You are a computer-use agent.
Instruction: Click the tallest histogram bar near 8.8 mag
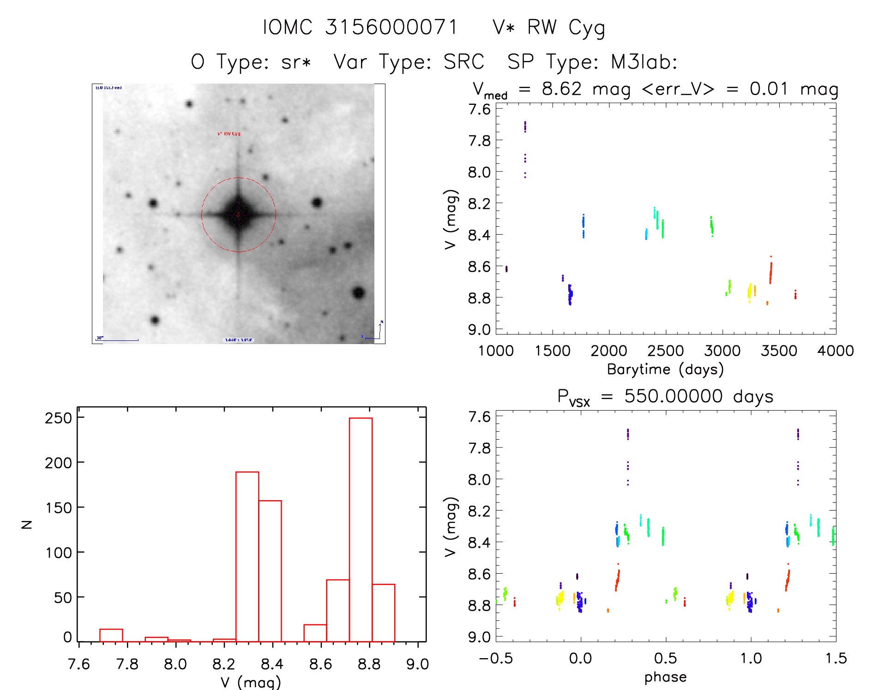tap(361, 529)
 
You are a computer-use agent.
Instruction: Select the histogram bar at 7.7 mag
tap(111, 636)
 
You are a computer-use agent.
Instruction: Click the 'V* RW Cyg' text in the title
tap(548, 28)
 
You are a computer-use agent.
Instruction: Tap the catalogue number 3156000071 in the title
tap(391, 27)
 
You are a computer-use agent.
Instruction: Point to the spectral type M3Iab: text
tap(644, 62)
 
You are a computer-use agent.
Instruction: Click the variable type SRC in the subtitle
tap(463, 62)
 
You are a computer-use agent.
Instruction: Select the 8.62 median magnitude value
tap(561, 89)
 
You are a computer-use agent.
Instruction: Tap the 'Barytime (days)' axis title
tap(665, 369)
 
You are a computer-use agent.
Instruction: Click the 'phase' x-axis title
tap(665, 677)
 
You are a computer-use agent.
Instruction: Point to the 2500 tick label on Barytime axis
tap(665, 351)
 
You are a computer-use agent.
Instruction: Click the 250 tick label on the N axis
tap(59, 418)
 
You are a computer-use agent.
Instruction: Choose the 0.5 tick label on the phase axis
tap(665, 659)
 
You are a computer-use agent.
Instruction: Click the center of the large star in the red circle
tap(238, 215)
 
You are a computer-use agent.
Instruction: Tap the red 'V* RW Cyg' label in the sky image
tap(229, 134)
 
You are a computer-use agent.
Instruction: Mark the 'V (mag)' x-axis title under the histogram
tap(251, 682)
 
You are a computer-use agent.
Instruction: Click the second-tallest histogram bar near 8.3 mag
tap(247, 557)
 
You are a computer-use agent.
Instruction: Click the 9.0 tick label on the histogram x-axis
tap(417, 664)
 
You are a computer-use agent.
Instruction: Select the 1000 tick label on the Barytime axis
tap(496, 351)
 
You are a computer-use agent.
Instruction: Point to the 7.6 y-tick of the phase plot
tap(479, 417)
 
